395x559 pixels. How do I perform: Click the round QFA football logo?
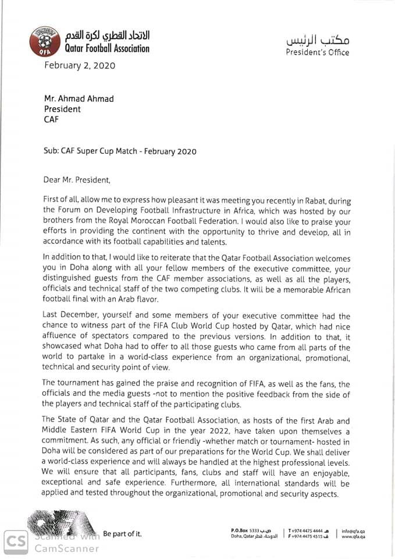tap(45, 42)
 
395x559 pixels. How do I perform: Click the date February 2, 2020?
tap(80, 65)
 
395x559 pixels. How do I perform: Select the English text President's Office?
tap(318, 52)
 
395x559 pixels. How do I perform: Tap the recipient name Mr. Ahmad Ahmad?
tap(79, 98)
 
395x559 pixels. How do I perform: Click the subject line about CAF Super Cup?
tap(120, 151)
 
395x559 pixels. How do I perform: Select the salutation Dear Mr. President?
tap(76, 179)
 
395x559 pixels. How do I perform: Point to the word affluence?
tap(63, 336)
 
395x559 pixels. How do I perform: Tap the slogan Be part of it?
tap(122, 534)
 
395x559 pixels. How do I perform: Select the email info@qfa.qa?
tap(354, 530)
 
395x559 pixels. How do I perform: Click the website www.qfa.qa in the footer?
tap(354, 537)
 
